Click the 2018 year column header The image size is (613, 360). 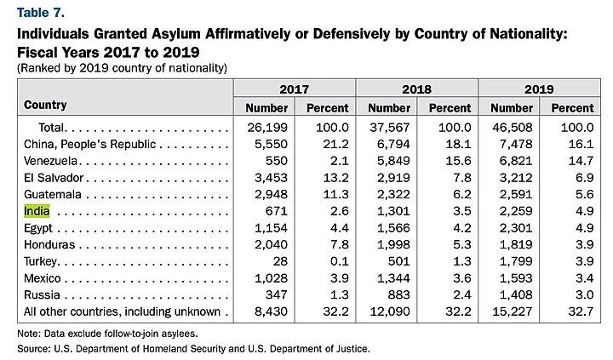point(417,89)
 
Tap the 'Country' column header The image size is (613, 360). point(46,106)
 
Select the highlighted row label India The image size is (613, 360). point(37,210)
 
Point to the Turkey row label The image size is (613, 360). point(41,260)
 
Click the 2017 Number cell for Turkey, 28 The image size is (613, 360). point(278,260)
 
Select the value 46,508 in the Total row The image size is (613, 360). point(513,127)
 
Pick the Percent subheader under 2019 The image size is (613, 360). point(572,108)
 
